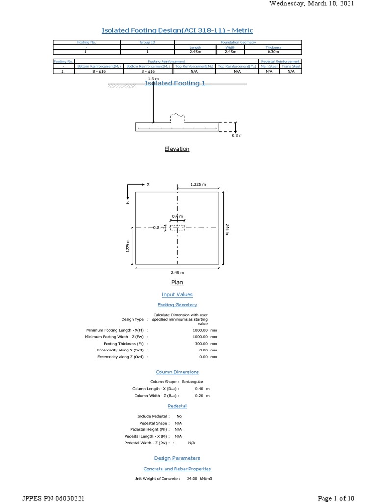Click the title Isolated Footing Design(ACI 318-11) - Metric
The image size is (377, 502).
click(177, 30)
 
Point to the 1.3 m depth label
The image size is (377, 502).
click(153, 78)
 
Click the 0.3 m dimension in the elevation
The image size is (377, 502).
click(238, 135)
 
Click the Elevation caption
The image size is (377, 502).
click(177, 149)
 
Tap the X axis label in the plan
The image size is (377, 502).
click(148, 185)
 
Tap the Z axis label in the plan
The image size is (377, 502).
click(128, 201)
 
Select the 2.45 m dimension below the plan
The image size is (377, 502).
click(177, 272)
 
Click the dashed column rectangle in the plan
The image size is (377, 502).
click(177, 228)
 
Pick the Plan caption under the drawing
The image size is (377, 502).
click(177, 283)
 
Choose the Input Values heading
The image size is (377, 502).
click(177, 294)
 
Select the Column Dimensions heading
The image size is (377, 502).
click(177, 372)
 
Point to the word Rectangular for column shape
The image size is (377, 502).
click(192, 381)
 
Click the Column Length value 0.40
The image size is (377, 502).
click(199, 388)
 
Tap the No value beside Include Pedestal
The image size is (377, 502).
click(179, 416)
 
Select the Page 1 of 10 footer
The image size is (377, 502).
click(336, 498)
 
